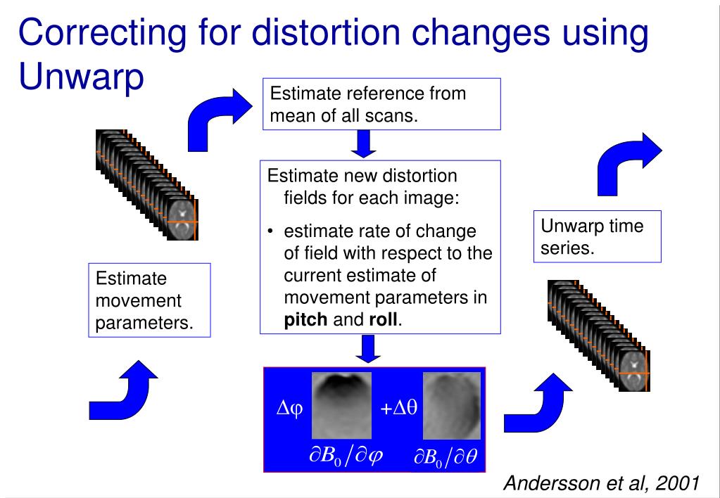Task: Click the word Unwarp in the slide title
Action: click(x=82, y=77)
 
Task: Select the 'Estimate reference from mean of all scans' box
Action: click(x=381, y=104)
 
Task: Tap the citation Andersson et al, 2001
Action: click(x=603, y=483)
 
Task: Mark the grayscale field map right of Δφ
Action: click(x=341, y=404)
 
